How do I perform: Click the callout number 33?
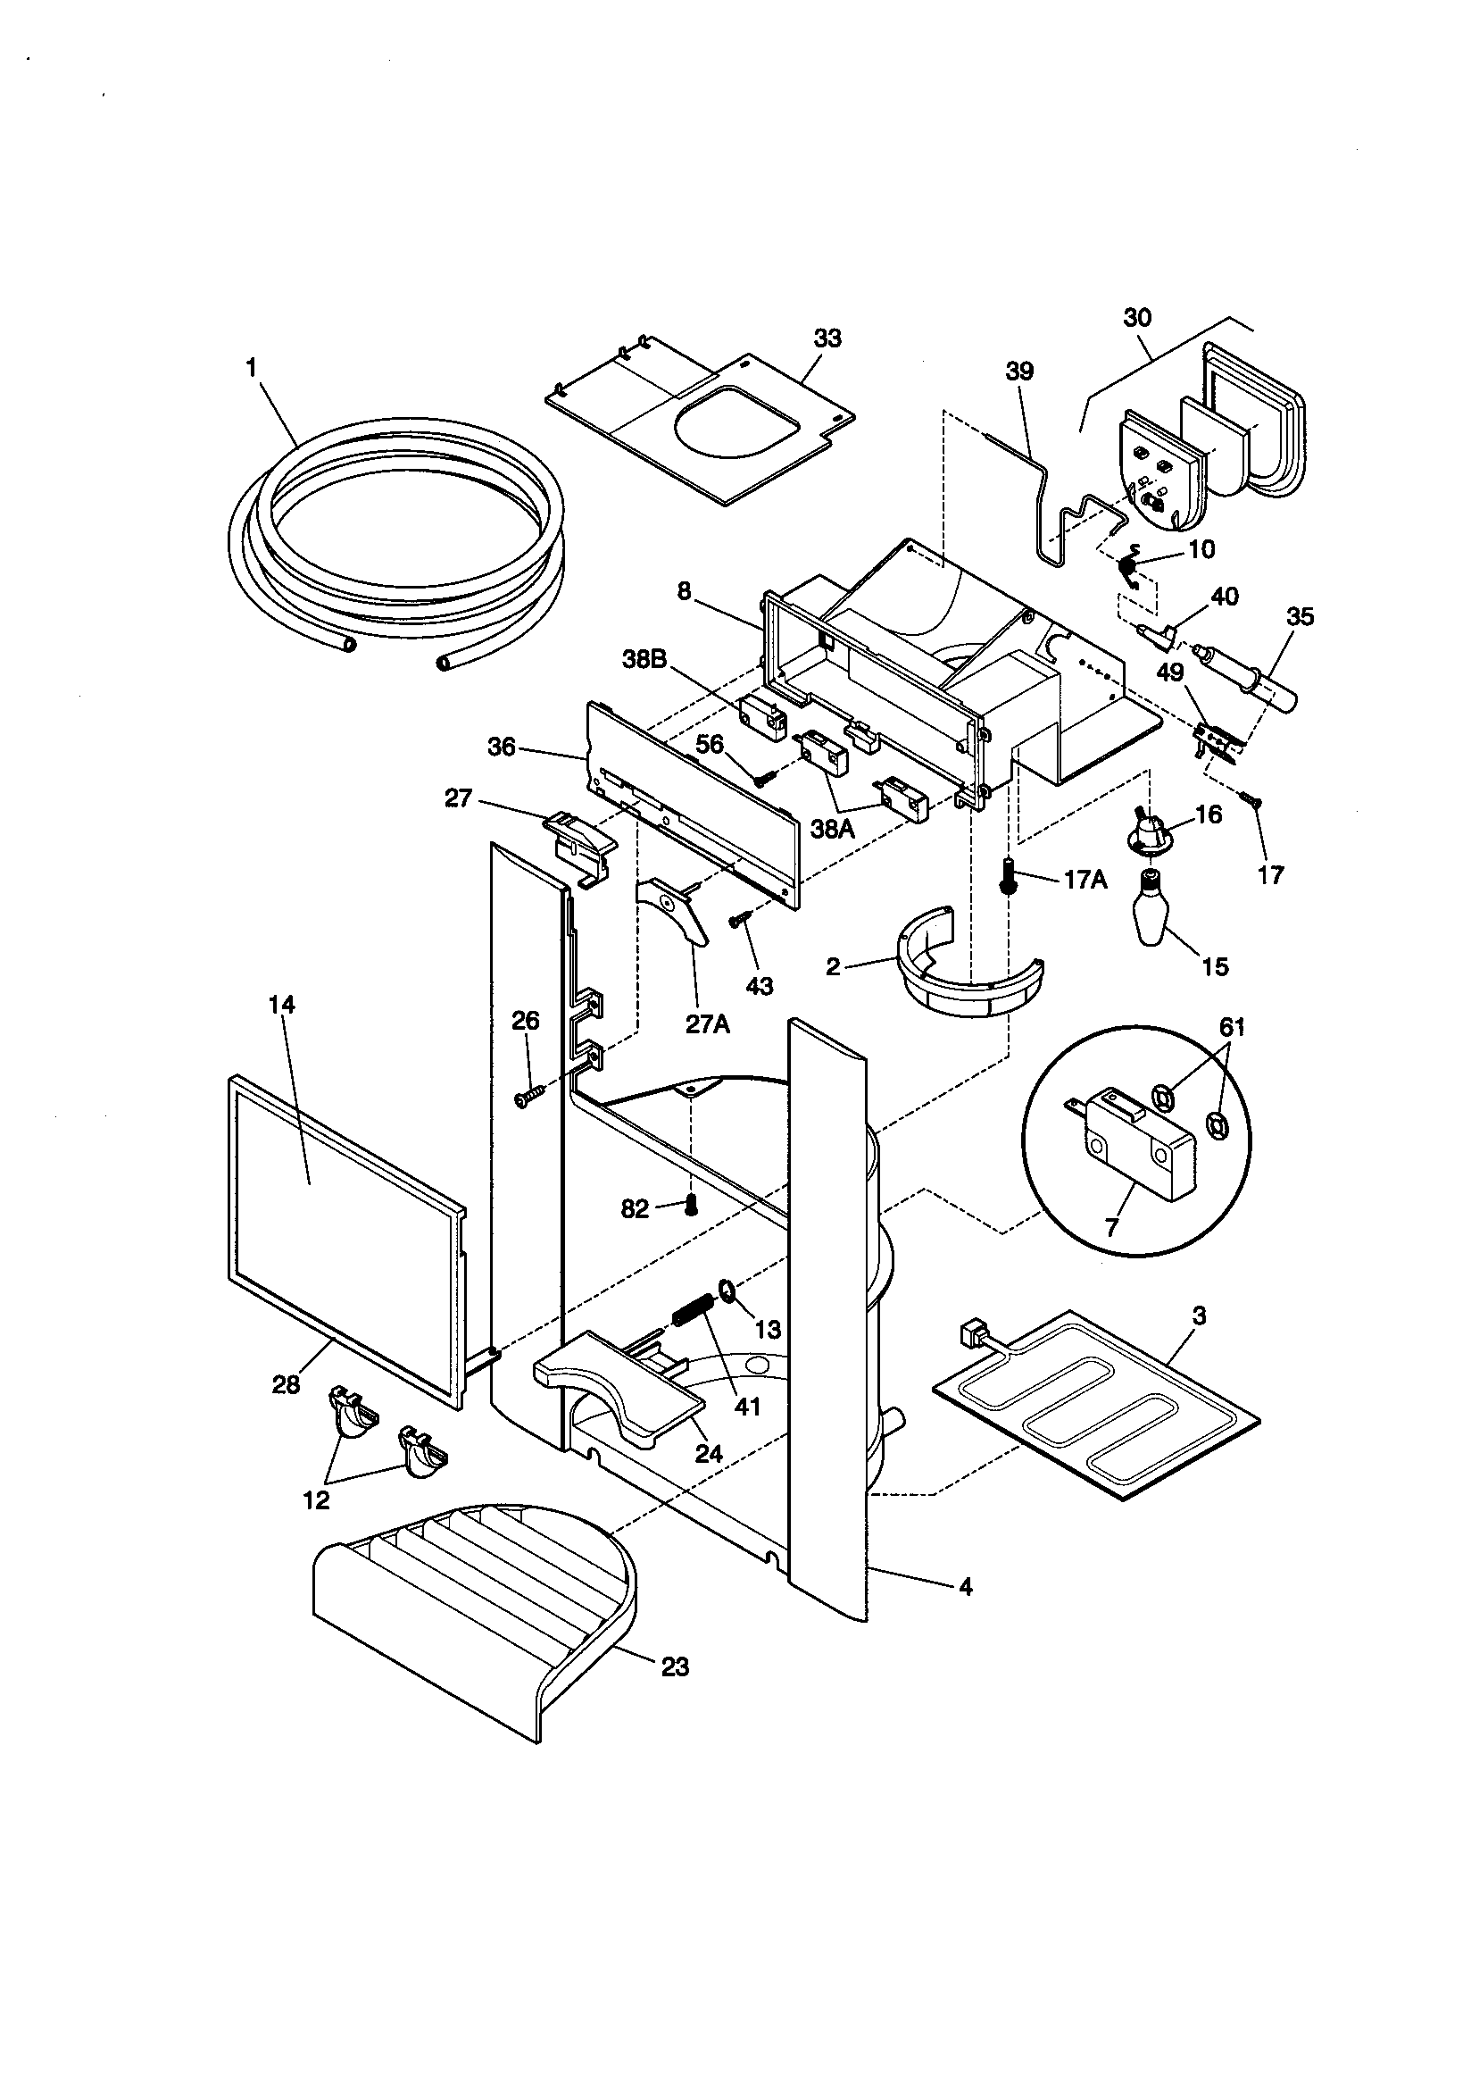(x=827, y=338)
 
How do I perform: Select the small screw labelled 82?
(x=691, y=1207)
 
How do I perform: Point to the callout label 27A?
(x=708, y=1025)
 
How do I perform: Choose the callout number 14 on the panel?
(x=282, y=1005)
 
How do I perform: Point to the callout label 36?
(x=501, y=748)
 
